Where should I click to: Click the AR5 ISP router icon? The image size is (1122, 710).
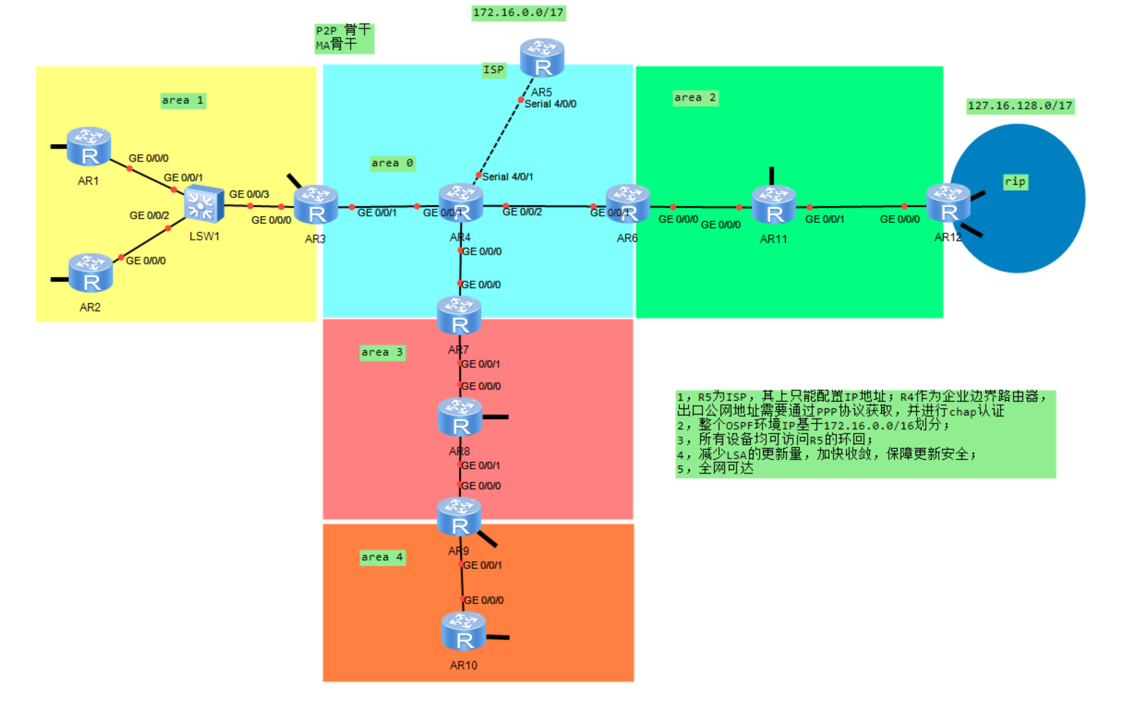542,57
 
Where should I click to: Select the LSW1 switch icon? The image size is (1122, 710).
204,204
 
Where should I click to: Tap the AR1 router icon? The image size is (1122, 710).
89,146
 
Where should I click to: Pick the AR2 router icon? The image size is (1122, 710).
90,273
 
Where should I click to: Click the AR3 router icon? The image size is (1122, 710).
316,205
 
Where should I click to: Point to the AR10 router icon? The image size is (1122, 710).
463,631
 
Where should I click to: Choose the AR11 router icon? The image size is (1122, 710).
774,204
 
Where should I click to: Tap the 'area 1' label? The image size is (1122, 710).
183,100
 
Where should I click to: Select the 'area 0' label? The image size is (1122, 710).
392,163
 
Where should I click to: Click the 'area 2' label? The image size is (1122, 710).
695,97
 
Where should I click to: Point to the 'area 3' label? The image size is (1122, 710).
382,352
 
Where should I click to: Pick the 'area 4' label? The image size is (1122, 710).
382,557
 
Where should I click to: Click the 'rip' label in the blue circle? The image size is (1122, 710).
1015,181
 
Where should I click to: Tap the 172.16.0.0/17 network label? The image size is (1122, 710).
518,13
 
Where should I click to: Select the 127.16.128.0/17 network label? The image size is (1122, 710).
1020,105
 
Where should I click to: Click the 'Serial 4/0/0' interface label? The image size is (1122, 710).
550,104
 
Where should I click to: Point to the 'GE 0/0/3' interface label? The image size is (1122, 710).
249,194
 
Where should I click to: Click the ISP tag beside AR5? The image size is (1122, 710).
494,70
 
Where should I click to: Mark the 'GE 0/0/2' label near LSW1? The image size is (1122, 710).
149,215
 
